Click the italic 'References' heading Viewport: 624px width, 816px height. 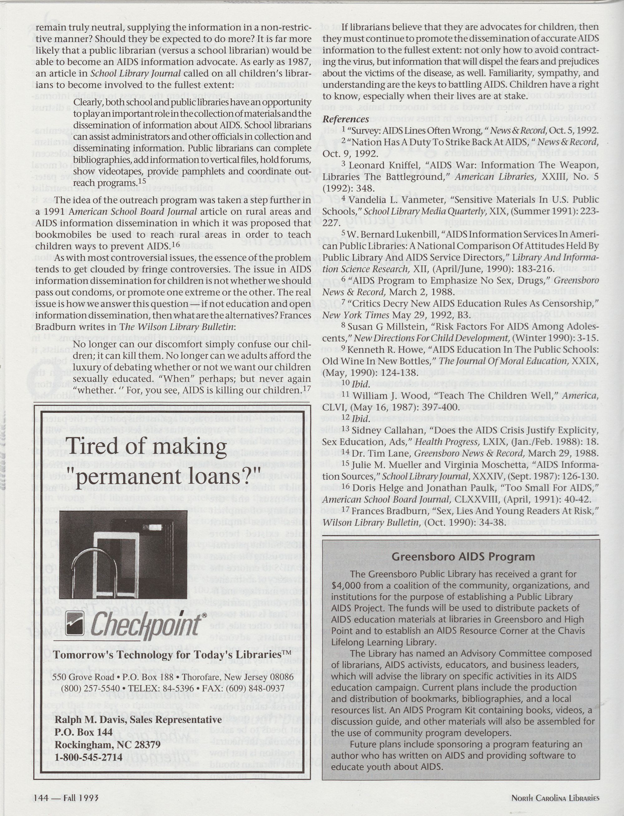coord(345,119)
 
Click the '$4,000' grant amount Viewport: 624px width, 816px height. coord(345,585)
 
